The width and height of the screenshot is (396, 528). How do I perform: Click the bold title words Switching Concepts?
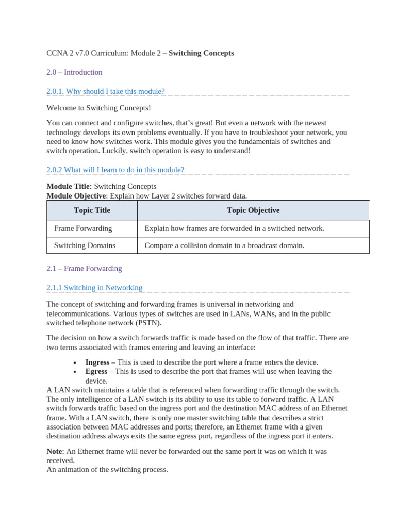pos(201,53)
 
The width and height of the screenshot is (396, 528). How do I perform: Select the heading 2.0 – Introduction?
pos(74,72)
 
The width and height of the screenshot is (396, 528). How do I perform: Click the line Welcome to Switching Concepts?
pos(98,108)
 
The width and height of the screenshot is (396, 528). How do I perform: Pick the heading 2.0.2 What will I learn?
pos(115,170)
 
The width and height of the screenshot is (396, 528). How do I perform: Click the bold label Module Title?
pos(69,186)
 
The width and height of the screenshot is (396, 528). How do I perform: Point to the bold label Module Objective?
pos(76,195)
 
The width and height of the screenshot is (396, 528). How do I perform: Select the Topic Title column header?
pos(92,210)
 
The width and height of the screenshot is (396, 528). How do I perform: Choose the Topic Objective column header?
pos(253,210)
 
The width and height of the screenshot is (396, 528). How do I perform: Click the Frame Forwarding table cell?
pos(83,228)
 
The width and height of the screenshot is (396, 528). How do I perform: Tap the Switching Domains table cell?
pos(85,245)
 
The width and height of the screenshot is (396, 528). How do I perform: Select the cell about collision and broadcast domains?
pos(224,245)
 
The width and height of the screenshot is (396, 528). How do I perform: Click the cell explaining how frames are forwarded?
pos(234,228)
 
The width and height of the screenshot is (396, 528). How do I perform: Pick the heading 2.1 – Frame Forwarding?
pos(84,269)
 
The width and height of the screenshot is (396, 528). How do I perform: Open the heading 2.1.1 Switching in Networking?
pos(94,288)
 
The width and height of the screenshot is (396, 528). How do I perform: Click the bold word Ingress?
pos(97,362)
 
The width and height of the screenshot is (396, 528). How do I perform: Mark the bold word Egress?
pos(96,372)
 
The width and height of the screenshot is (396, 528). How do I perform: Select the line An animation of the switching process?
pos(107,470)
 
